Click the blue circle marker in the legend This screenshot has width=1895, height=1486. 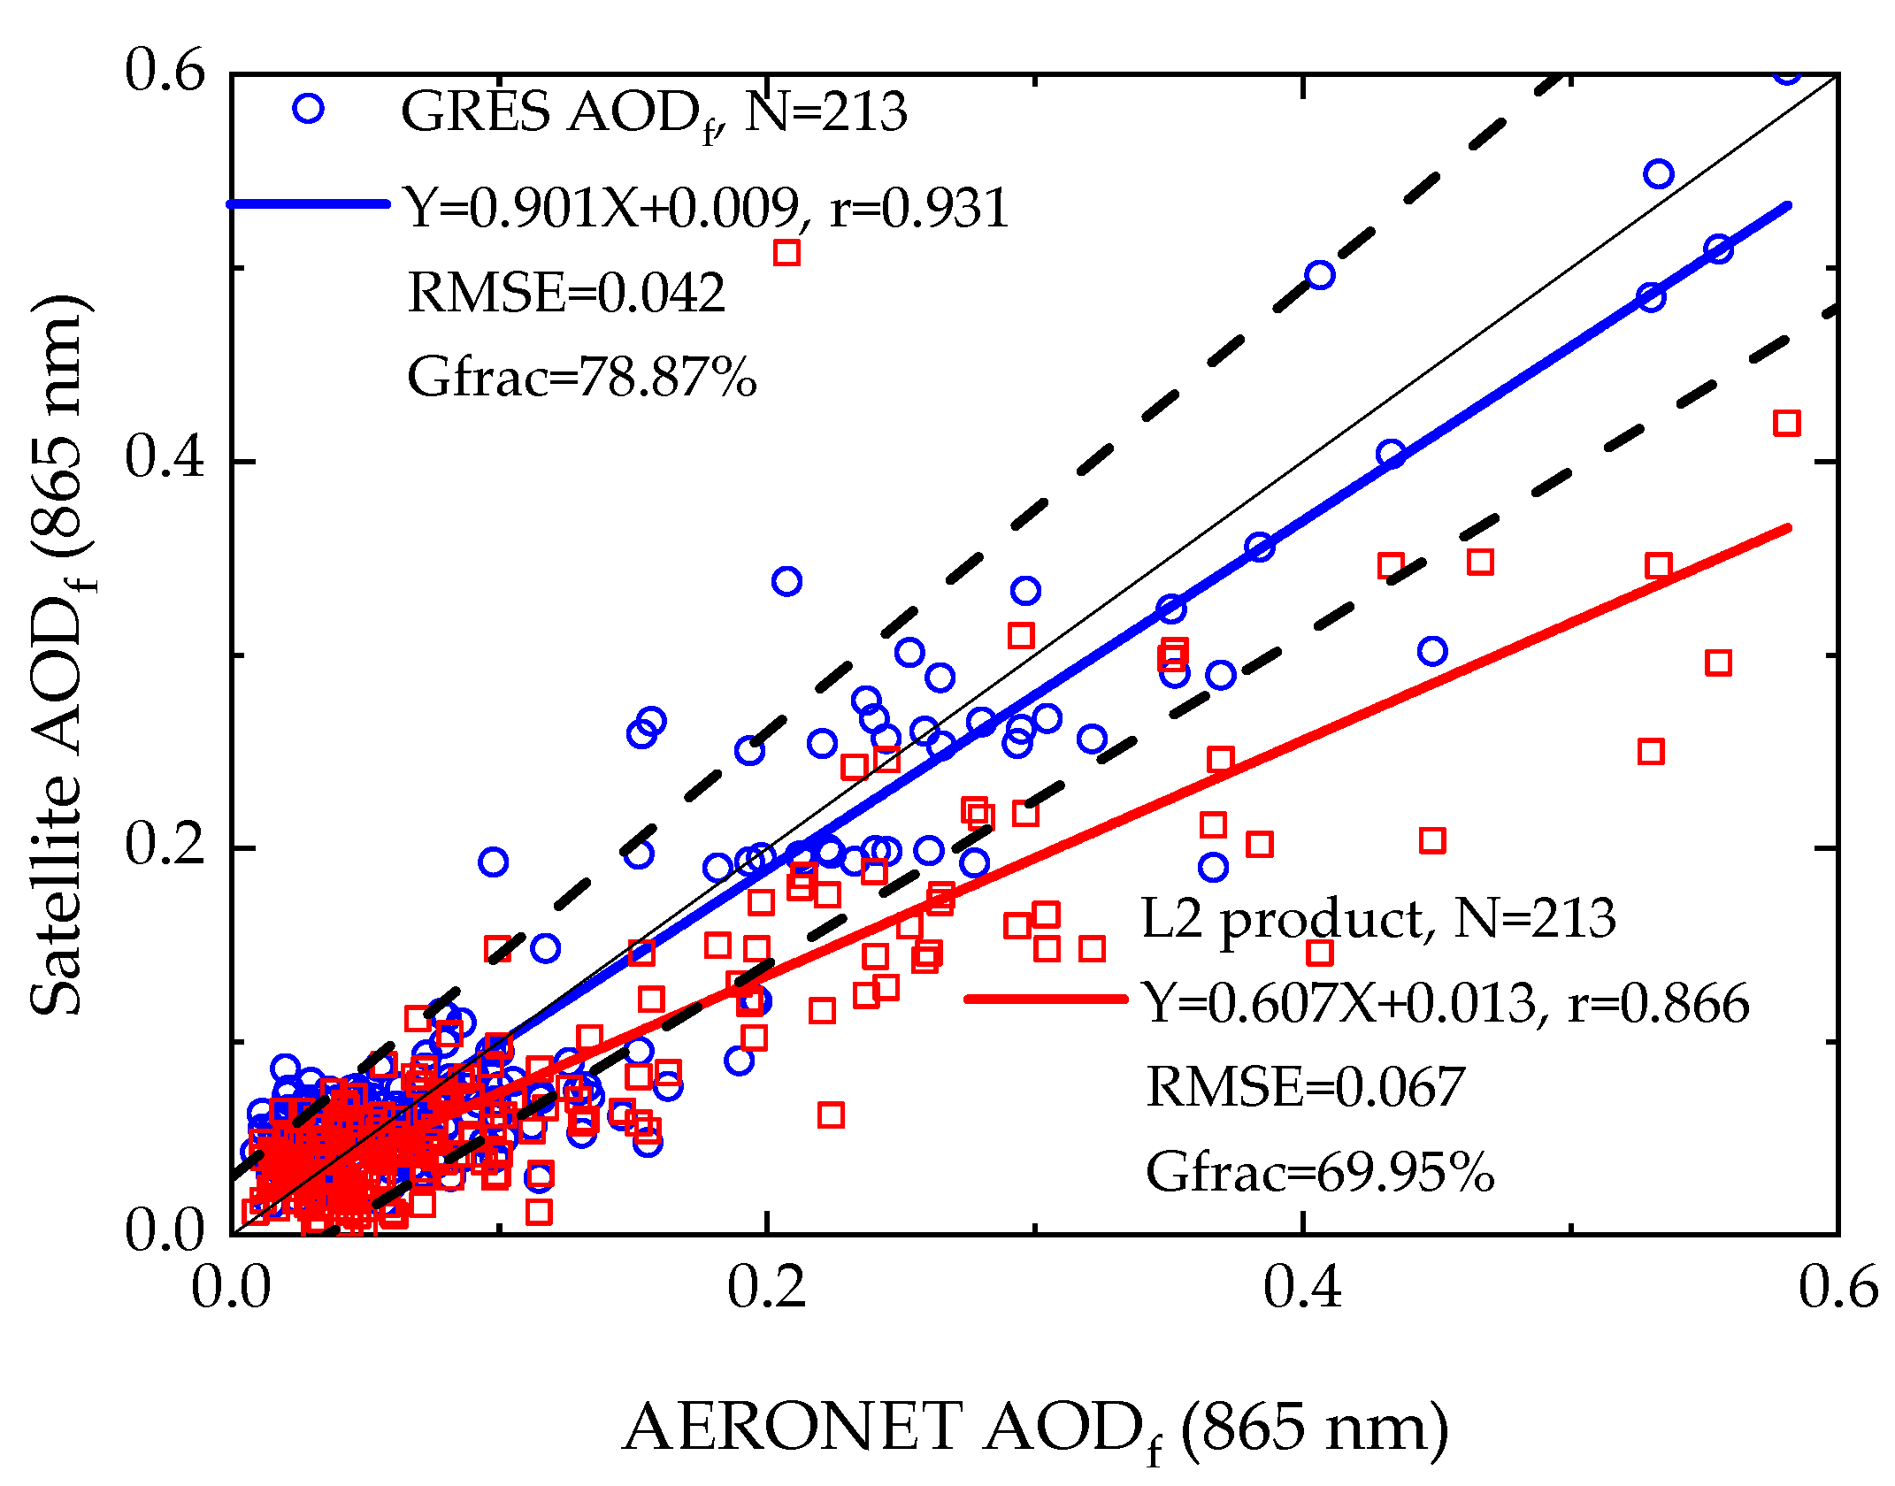tap(308, 109)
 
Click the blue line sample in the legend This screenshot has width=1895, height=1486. tap(308, 203)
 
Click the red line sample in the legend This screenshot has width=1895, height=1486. tap(1046, 999)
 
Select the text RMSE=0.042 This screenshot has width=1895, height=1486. tap(566, 293)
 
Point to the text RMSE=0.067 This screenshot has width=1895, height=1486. tap(1305, 1086)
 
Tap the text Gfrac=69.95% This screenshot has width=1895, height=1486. tap(1319, 1172)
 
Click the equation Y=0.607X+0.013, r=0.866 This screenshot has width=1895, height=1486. tap(1446, 1003)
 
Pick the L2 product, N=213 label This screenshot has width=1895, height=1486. tap(1377, 919)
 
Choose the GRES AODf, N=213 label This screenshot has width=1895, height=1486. tap(653, 113)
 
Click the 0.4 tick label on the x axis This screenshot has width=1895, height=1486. tap(1301, 1286)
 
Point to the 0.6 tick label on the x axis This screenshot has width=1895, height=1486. tap(1837, 1286)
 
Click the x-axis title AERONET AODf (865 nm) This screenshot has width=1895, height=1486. tap(1035, 1428)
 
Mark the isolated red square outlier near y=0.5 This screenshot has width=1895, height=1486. tap(786, 253)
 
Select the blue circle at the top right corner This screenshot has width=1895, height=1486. tap(1787, 73)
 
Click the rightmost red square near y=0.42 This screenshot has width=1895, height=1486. tap(1786, 423)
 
